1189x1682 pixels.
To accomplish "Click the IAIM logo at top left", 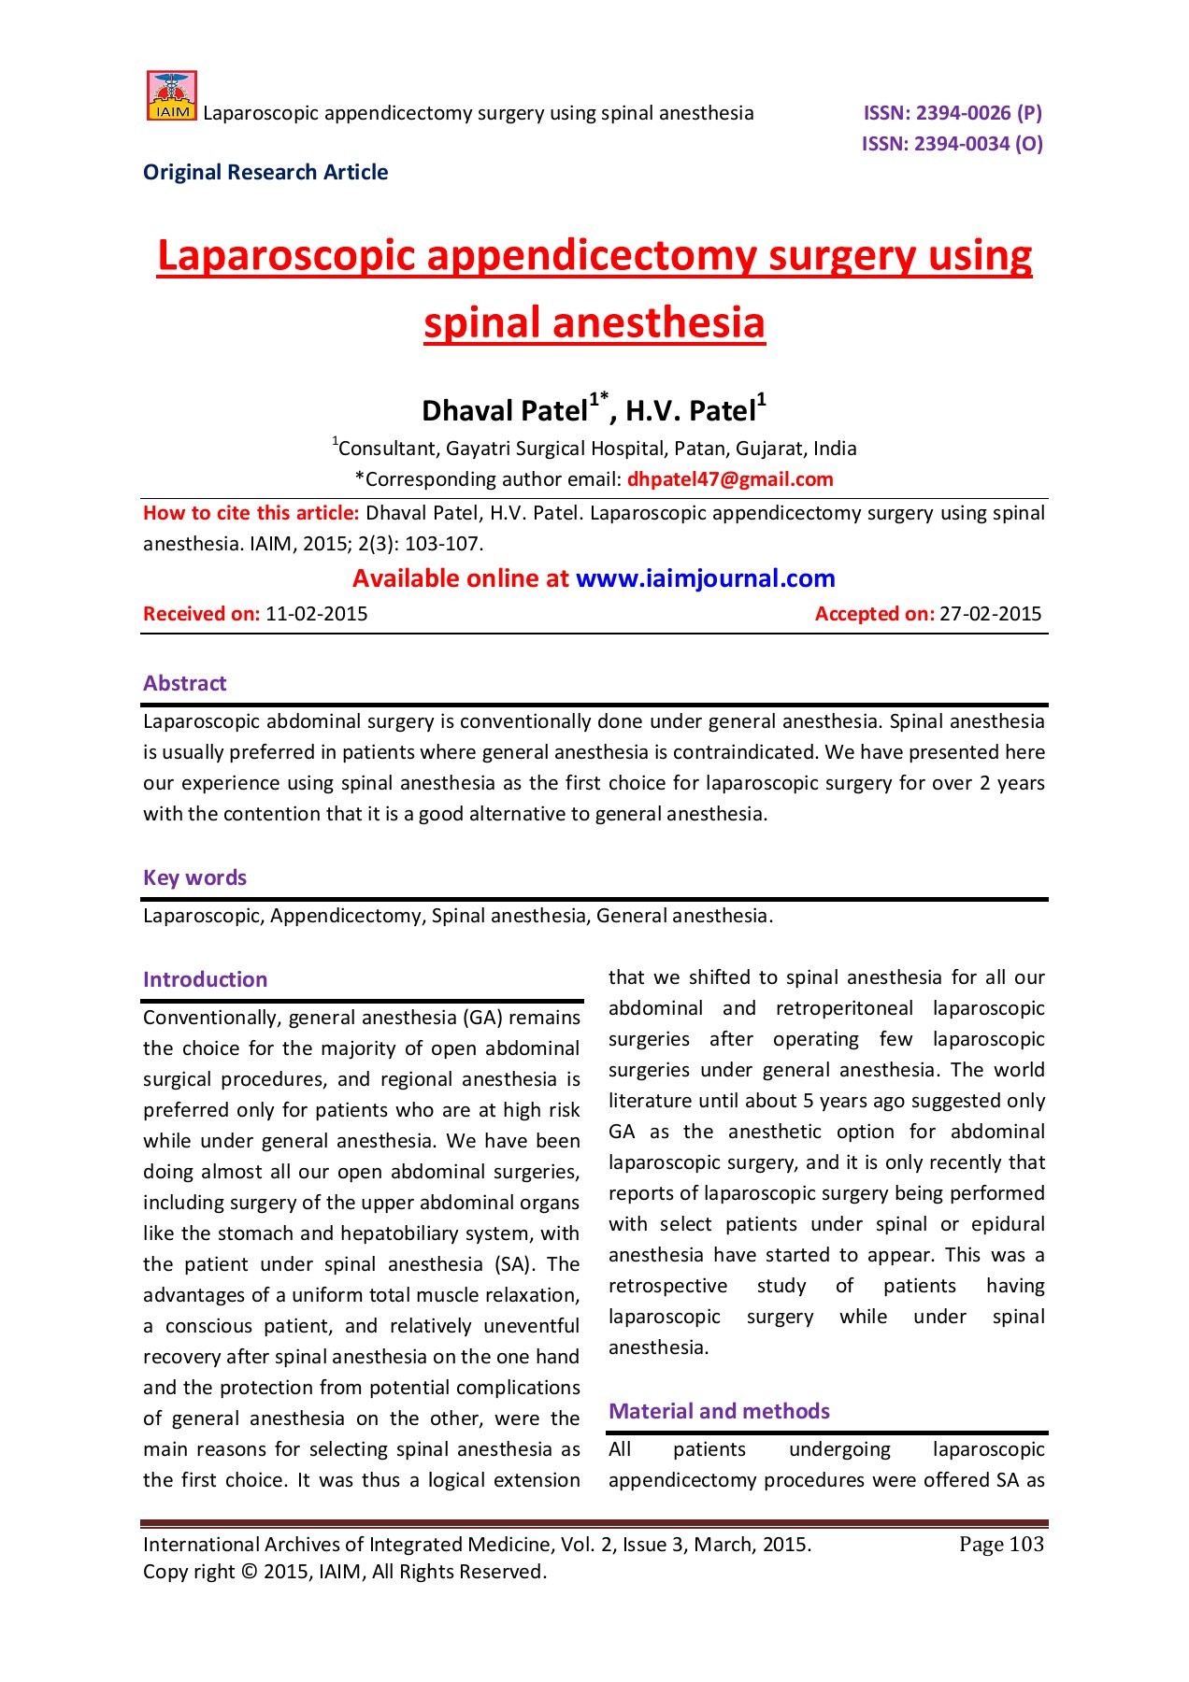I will pos(172,96).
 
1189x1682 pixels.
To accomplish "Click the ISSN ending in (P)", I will pos(952,113).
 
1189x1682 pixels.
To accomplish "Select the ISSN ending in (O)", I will pos(952,144).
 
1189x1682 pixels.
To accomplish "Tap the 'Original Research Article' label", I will pos(265,173).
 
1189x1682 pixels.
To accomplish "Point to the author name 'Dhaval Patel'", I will pos(504,411).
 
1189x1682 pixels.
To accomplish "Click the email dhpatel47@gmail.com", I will pos(730,479).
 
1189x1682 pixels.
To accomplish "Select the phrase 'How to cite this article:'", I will pos(251,513).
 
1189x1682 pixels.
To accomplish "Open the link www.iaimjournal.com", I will pos(705,578).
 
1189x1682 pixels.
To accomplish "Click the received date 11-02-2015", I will pos(317,614).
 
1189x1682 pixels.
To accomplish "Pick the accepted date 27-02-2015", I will pos(990,614).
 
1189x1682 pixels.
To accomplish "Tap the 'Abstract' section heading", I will pos(184,683).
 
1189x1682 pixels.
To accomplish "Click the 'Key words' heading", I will pos(194,877).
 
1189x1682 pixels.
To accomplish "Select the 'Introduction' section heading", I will pos(205,979).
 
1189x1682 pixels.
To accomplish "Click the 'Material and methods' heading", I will pos(719,1411).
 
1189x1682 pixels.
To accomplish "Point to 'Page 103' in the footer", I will pos(1001,1545).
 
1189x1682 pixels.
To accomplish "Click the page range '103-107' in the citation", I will pos(443,544).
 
